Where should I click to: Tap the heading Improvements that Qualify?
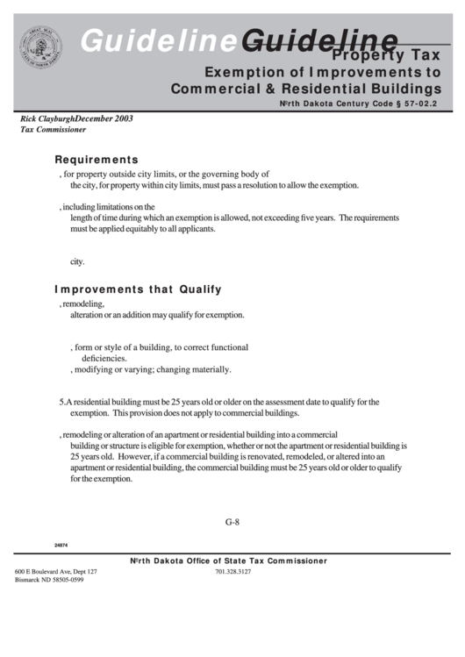click(138, 289)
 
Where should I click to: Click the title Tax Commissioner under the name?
click(53, 129)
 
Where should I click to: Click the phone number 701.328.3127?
click(232, 571)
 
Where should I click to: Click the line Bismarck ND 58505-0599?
click(49, 581)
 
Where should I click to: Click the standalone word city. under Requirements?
click(77, 261)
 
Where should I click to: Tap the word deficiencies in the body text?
click(104, 358)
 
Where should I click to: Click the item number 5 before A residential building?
click(61, 402)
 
